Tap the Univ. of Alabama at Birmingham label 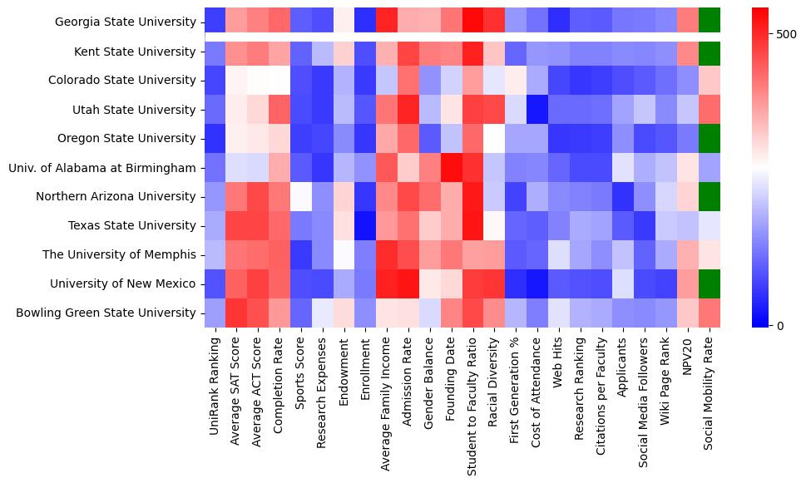click(x=101, y=168)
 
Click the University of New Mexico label click(x=122, y=283)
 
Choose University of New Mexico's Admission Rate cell click(x=408, y=283)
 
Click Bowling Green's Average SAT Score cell click(x=235, y=313)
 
